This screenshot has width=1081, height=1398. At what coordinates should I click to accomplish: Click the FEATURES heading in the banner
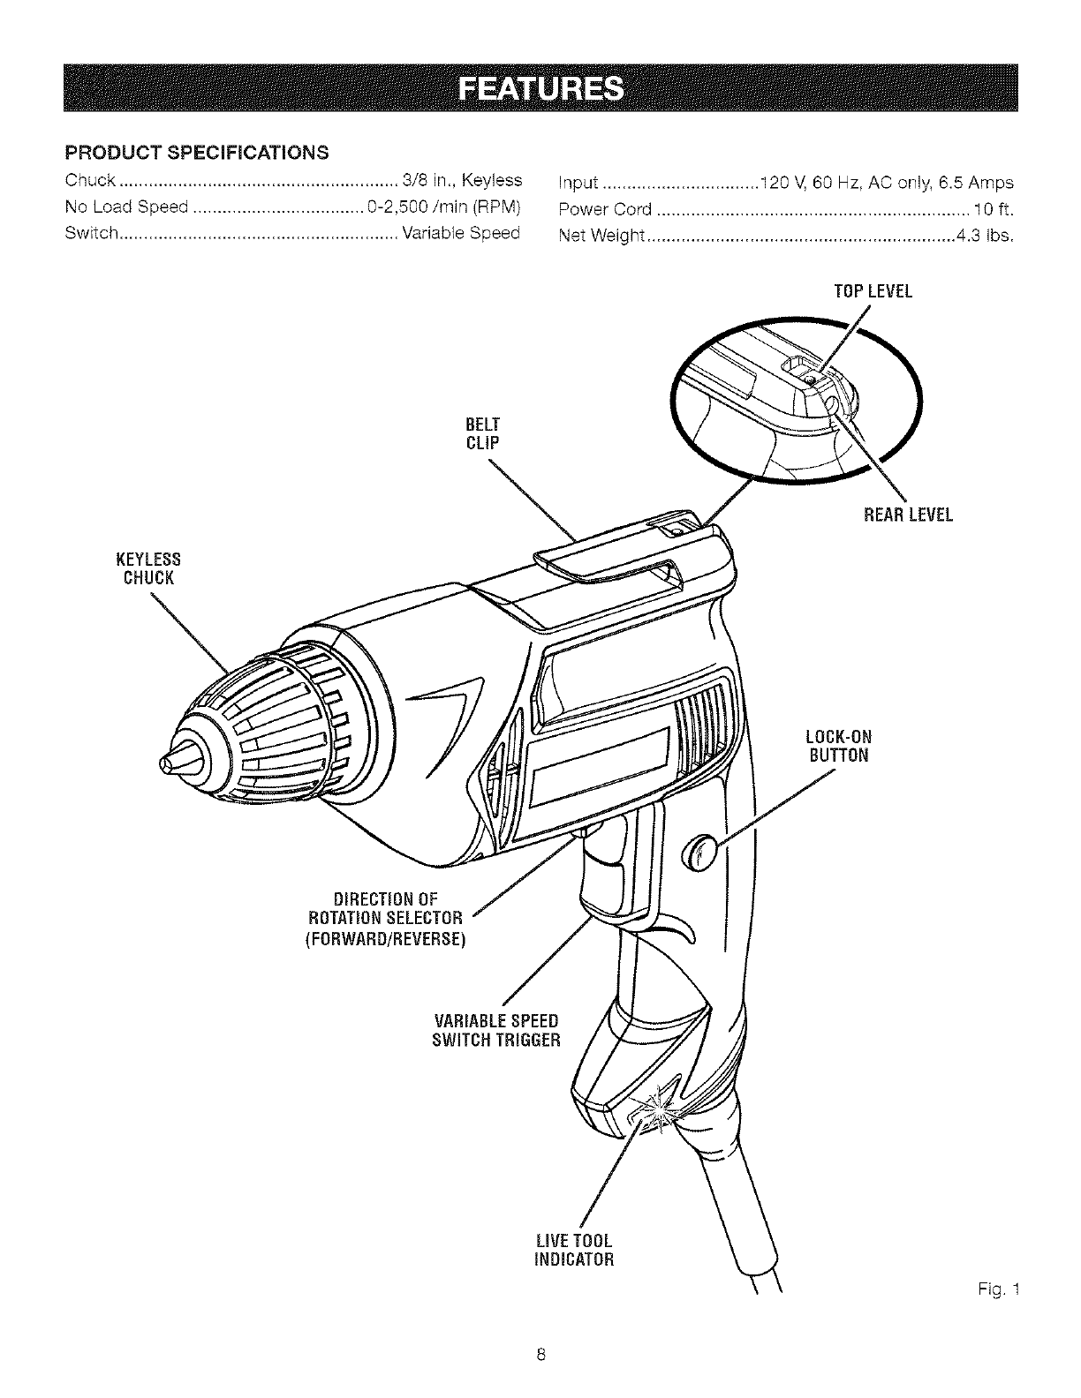click(x=540, y=89)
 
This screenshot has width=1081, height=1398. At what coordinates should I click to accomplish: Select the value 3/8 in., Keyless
click(x=462, y=181)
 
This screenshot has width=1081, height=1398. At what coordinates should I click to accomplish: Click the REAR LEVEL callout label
click(x=908, y=515)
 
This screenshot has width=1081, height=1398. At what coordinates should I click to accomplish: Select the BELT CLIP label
click(x=483, y=433)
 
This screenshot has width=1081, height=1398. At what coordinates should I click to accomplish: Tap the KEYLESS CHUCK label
click(x=148, y=568)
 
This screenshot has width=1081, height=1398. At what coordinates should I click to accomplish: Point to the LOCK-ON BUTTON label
click(x=839, y=746)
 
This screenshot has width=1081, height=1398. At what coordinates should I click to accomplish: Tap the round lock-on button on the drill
click(x=699, y=854)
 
